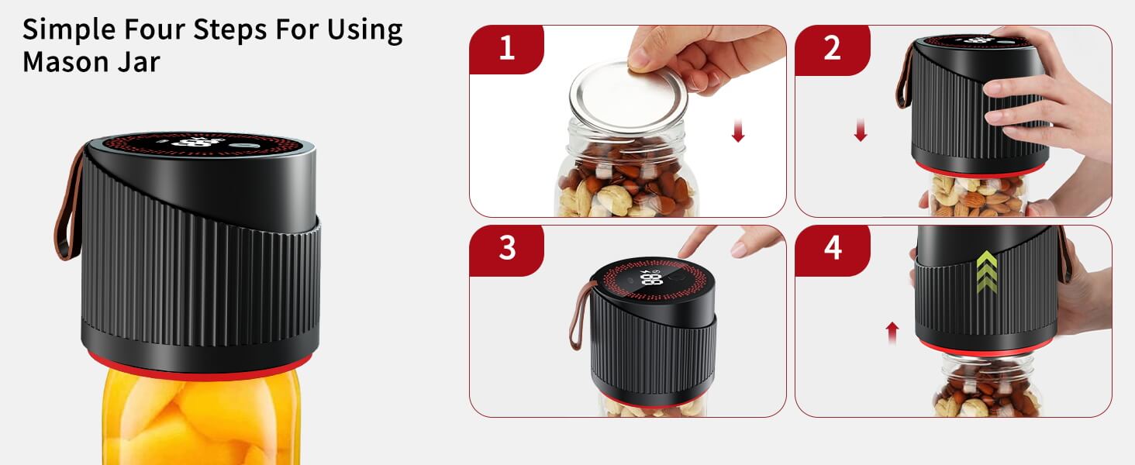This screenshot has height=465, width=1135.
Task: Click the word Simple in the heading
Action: click(69, 30)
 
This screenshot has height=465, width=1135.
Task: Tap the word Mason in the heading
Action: click(65, 62)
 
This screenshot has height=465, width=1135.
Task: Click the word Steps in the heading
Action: click(229, 30)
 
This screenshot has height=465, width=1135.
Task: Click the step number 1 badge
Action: click(506, 49)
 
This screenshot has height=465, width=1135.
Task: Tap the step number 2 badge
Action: click(832, 49)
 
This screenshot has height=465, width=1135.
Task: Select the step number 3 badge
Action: click(506, 250)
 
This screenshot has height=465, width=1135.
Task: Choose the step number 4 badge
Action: click(832, 250)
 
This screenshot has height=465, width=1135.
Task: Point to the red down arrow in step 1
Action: click(738, 131)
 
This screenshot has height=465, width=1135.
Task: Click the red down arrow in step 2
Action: click(861, 129)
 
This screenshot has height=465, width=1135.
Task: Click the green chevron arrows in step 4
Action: click(987, 271)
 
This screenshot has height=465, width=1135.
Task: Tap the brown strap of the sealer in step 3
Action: click(580, 314)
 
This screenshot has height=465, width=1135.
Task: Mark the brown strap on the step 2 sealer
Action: click(905, 76)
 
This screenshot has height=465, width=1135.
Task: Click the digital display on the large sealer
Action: click(202, 143)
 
